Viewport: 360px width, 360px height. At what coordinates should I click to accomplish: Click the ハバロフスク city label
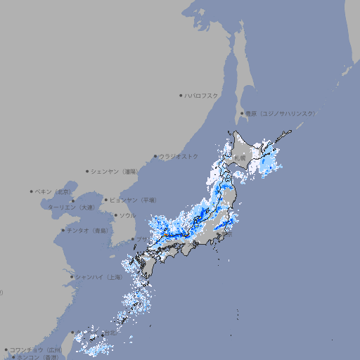202,95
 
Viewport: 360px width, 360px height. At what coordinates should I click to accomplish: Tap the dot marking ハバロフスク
181,95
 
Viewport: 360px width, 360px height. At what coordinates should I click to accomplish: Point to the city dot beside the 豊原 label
242,113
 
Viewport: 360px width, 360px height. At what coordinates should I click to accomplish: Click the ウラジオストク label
179,156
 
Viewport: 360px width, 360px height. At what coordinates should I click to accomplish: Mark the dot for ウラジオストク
155,156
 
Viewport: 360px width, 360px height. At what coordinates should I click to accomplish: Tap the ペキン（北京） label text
53,191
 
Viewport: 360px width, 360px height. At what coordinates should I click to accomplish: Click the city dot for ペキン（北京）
32,191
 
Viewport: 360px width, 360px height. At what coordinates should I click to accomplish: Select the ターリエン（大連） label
70,208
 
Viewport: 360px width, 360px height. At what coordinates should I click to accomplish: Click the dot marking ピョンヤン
106,200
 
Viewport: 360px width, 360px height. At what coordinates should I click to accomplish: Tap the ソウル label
127,215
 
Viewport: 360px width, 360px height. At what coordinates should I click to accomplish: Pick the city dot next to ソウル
115,215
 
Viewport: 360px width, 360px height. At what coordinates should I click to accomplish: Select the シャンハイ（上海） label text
98,277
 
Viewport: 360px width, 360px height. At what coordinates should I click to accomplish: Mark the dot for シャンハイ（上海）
72,277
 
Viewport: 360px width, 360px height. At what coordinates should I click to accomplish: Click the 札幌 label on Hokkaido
242,157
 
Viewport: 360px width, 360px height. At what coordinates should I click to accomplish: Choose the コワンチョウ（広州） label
35,349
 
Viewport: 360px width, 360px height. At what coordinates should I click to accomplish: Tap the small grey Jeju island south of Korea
116,261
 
